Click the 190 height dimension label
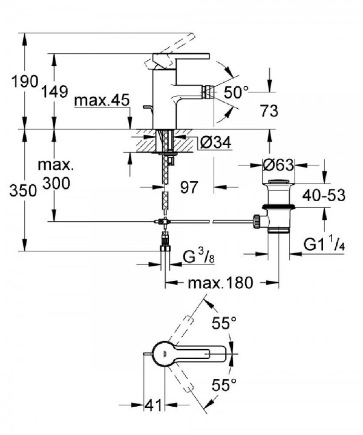tap(25, 82)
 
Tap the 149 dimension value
tap(54, 92)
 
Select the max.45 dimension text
tap(102, 100)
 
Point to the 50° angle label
tap(236, 92)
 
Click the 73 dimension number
tap(269, 111)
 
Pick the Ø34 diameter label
tap(215, 143)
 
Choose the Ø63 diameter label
tap(278, 166)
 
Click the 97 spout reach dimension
tap(189, 187)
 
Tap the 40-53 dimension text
tap(324, 195)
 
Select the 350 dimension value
tap(23, 191)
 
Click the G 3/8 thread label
tap(198, 258)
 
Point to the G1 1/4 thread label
tap(324, 243)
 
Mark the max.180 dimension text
tap(220, 283)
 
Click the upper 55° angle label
tap(224, 323)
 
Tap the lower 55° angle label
tap(224, 384)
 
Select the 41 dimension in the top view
tap(153, 405)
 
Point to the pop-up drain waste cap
tap(278, 182)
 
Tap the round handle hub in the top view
tap(165, 353)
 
